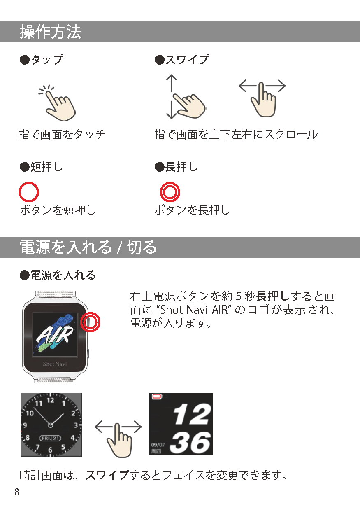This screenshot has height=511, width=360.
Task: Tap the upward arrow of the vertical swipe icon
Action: pyautogui.click(x=172, y=83)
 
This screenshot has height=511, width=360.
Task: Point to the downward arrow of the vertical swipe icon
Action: pyautogui.click(x=172, y=110)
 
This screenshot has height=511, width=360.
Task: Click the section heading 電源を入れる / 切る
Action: pyautogui.click(x=88, y=247)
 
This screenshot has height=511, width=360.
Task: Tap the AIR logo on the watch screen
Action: pyautogui.click(x=55, y=334)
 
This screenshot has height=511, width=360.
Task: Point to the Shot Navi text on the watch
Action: pyautogui.click(x=55, y=364)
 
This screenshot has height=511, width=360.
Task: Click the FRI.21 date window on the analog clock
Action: pyautogui.click(x=50, y=438)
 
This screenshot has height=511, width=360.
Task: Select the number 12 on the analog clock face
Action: pyautogui.click(x=50, y=400)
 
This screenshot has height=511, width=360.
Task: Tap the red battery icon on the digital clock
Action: pyautogui.click(x=157, y=397)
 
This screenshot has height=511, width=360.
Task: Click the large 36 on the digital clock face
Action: pyautogui.click(x=190, y=443)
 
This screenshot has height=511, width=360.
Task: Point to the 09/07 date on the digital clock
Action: pyautogui.click(x=158, y=445)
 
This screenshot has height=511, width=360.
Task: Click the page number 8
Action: pyautogui.click(x=16, y=492)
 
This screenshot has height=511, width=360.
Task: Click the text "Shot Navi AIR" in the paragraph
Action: pyautogui.click(x=194, y=310)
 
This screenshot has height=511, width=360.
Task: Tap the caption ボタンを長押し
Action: pyautogui.click(x=193, y=210)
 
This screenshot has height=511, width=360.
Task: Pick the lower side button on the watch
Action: pyautogui.click(x=88, y=354)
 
